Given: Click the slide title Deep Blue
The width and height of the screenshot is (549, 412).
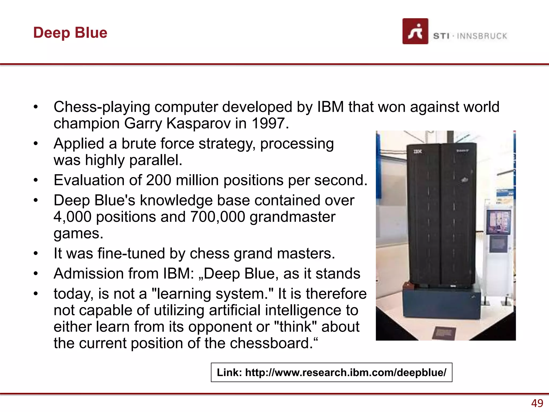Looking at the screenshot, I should (70, 33).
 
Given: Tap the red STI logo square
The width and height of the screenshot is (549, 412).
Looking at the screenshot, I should (415, 31).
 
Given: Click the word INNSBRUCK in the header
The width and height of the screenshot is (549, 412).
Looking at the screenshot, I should (482, 36).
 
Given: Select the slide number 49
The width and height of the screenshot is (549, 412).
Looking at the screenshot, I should (537, 403).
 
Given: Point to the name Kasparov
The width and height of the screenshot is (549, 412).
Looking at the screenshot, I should (198, 123).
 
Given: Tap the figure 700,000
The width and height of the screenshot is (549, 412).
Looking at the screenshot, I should (217, 217).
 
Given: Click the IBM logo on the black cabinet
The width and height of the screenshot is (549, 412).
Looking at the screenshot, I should (417, 152).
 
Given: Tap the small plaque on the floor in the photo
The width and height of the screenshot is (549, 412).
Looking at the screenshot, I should (444, 333).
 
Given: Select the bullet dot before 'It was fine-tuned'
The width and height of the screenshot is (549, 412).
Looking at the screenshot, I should (36, 253).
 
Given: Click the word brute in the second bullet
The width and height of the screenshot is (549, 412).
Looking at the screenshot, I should (139, 144).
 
